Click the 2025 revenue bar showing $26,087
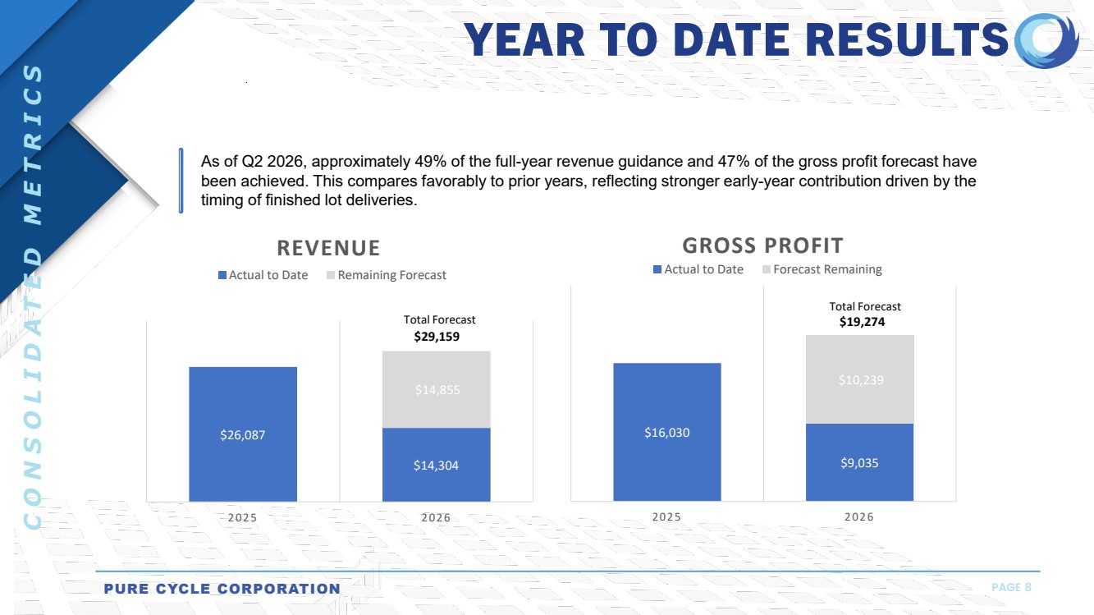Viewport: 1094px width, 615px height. click(242, 434)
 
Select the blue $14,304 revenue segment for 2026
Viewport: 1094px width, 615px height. click(436, 464)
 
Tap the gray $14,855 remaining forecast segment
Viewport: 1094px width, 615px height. click(436, 389)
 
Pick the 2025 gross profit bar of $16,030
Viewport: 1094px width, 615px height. click(666, 432)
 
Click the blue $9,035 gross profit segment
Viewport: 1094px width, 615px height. click(859, 462)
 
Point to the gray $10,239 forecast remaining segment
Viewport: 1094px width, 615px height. click(859, 379)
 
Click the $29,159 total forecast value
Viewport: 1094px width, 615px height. click(436, 336)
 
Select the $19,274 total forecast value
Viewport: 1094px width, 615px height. click(862, 322)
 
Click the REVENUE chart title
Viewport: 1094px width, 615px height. click(328, 248)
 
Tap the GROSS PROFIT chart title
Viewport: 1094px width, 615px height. click(762, 245)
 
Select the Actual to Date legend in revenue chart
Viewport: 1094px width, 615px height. click(263, 275)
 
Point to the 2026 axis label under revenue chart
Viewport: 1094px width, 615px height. click(436, 518)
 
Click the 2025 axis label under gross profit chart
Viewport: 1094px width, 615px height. click(666, 517)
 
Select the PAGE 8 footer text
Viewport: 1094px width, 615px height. click(1011, 587)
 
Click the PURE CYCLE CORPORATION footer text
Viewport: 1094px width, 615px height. click(222, 589)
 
